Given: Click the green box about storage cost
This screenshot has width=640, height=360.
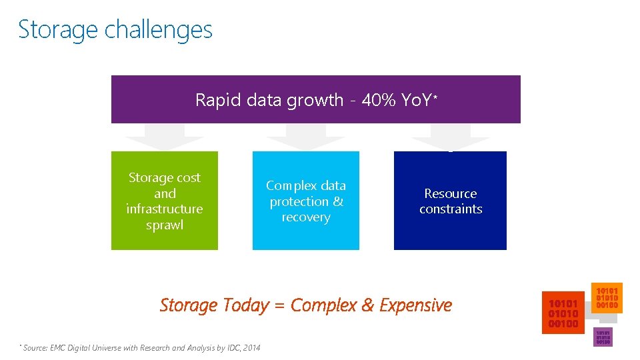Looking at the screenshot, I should coord(164,201).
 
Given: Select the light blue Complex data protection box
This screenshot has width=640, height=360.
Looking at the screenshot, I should coord(305,201).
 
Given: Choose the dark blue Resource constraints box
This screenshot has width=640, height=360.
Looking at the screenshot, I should coord(450,201).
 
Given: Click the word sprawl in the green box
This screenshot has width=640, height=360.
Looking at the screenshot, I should coord(164,225).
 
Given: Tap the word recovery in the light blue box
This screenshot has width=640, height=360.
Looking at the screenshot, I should coord(305,217).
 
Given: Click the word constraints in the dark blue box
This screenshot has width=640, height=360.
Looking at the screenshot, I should coord(450,209).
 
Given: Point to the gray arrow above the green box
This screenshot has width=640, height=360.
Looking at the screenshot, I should coord(164,142).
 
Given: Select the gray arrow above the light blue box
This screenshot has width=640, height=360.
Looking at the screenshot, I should coord(305,142).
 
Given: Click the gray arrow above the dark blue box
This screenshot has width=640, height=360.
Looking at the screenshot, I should coord(450,142).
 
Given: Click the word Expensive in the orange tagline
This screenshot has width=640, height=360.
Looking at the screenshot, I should coord(415,305).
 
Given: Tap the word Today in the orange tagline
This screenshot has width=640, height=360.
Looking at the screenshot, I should coord(245,305).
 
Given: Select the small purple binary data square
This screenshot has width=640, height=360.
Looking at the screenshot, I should coord(603,337).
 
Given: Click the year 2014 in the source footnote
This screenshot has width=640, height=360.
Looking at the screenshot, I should coord(252,348).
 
